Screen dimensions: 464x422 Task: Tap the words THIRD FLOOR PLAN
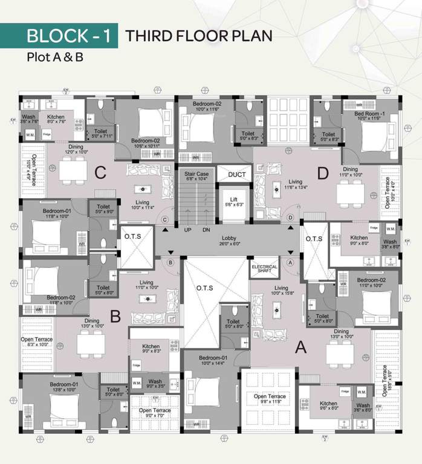[198, 36]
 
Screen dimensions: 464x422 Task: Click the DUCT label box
[236, 175]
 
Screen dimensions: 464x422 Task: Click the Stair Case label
[196, 176]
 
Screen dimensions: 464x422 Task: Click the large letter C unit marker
[100, 173]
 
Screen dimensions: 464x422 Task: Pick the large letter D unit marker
[322, 173]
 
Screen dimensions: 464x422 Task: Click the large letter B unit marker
[115, 317]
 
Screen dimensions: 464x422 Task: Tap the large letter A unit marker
[299, 347]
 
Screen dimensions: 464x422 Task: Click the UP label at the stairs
[187, 230]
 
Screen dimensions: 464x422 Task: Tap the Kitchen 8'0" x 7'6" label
[56, 119]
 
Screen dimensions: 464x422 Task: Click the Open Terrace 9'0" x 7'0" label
[155, 413]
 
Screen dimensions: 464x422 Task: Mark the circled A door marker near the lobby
[291, 263]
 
